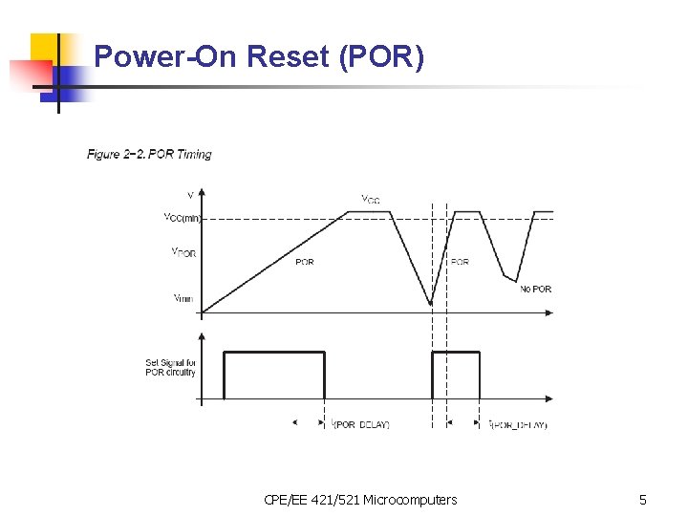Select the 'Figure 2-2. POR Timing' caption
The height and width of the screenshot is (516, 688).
(149, 154)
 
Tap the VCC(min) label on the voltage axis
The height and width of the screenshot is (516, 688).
(183, 218)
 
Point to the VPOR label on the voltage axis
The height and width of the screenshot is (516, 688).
(183, 252)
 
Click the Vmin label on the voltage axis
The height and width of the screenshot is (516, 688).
(183, 298)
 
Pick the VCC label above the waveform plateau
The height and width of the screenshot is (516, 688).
(370, 200)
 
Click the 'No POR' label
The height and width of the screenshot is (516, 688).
(535, 289)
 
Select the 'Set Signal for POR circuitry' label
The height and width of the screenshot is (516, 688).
(170, 367)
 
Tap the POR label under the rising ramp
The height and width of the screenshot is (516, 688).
(304, 262)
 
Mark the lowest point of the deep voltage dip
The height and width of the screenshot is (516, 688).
(431, 305)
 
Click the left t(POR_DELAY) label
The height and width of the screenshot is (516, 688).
(360, 424)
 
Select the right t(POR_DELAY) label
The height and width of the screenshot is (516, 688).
(517, 424)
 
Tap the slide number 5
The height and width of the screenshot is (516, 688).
(643, 500)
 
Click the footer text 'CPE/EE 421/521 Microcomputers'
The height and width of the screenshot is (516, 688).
(359, 500)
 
